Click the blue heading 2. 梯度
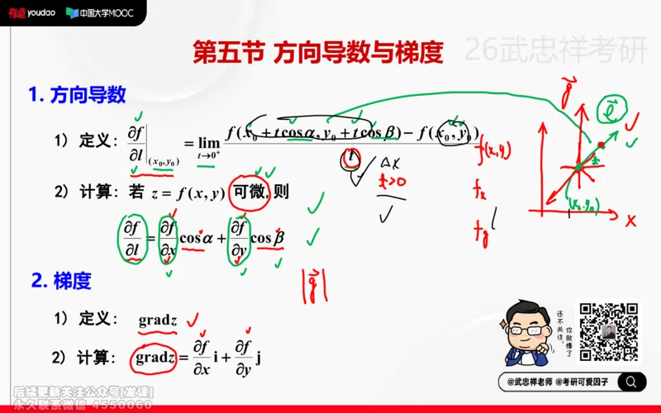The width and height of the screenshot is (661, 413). [x=61, y=281]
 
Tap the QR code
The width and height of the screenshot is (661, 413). [x=608, y=333]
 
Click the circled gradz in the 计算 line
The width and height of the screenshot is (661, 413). [x=155, y=358]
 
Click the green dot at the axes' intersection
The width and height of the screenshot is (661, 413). [x=579, y=169]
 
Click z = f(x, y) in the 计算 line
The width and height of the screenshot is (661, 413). [x=188, y=193]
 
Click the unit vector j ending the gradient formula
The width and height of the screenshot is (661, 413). [x=259, y=358]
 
